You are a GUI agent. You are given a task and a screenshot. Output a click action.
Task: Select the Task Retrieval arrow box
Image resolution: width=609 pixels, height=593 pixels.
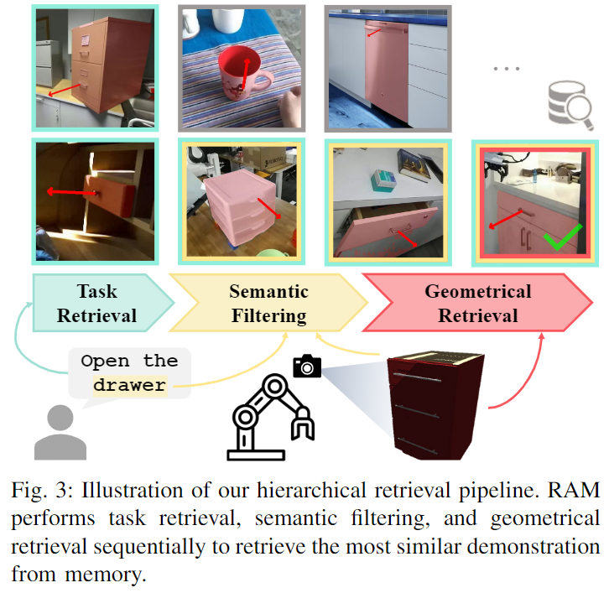pos(96,304)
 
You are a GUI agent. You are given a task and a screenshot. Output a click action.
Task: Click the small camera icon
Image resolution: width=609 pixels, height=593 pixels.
pos(307,366)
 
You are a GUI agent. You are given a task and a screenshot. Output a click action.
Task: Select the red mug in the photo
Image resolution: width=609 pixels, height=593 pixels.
pos(242,75)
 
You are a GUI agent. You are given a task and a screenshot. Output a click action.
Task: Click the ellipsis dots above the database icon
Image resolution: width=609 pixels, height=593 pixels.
pos(507,68)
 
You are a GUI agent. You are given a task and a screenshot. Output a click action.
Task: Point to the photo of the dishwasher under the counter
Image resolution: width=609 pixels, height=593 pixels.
pos(388,67)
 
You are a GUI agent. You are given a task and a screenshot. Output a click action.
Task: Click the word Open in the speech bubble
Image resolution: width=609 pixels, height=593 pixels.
pos(106,362)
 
